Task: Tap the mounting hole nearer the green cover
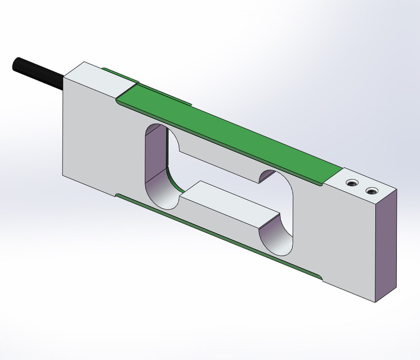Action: [x=351, y=183]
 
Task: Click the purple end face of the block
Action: [x=388, y=247]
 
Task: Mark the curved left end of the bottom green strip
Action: [x=119, y=196]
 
